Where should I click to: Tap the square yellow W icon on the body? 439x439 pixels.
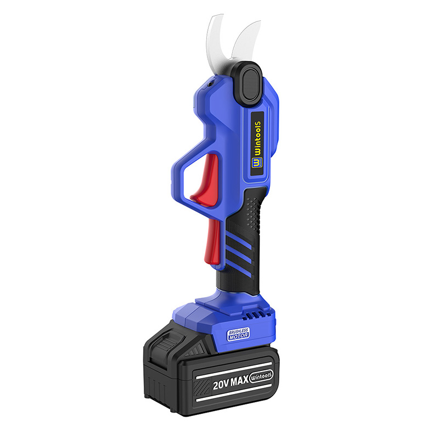click(x=255, y=163)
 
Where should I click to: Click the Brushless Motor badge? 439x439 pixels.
click(x=238, y=334)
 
